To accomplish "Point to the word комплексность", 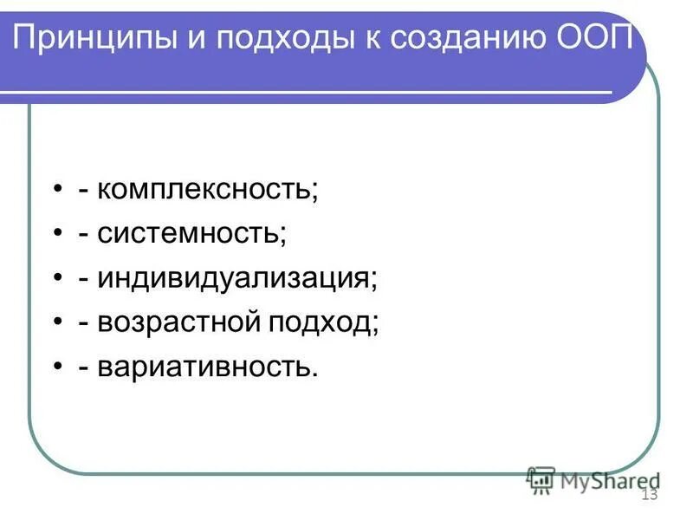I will tap(208, 189).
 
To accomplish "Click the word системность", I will tap(191, 234).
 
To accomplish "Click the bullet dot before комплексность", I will tap(58, 189).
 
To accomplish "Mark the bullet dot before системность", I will tap(58, 234).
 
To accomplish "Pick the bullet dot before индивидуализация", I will tap(58, 279).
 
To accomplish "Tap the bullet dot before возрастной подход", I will tap(58, 324).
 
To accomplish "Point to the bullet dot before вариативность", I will tap(58, 368).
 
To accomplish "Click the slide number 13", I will tap(650, 496).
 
